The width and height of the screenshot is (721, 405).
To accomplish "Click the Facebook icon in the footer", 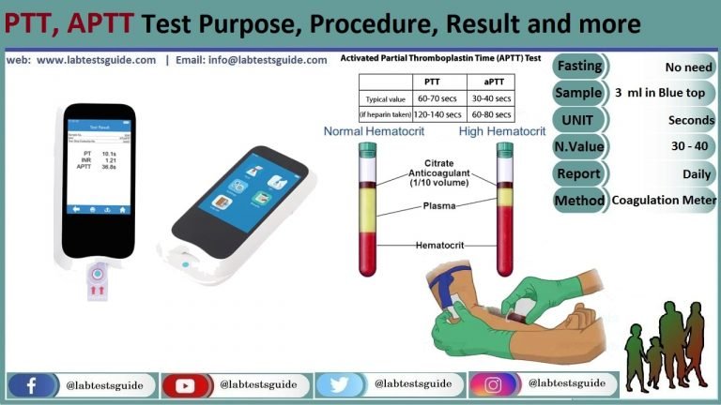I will point(32,385).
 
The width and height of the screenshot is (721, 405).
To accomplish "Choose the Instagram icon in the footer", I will point(493,385).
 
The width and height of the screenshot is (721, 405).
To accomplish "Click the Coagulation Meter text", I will point(664,200).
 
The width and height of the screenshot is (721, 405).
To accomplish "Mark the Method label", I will point(579,200).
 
